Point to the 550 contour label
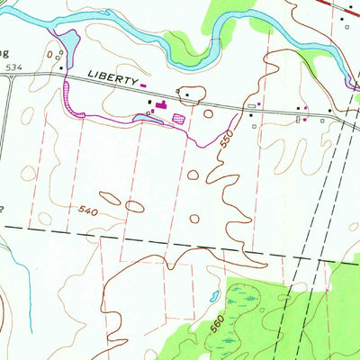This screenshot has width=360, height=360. click(x=225, y=139)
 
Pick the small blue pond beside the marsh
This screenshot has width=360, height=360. click(x=212, y=295)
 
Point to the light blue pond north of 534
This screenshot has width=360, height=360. click(x=66, y=43)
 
